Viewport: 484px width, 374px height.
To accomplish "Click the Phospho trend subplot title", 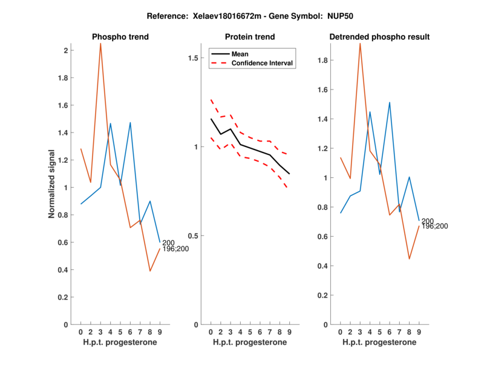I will [120, 37].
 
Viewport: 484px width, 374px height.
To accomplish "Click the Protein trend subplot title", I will [250, 37].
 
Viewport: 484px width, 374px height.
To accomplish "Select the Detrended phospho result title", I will [379, 37].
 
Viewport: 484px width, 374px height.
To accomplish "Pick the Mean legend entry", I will [240, 54].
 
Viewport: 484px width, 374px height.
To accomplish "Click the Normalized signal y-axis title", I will [53, 184].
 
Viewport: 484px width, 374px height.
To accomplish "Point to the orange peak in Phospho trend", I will [100, 44].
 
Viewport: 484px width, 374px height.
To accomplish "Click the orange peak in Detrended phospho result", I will [360, 44].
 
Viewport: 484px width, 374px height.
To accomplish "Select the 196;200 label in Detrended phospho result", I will [434, 226].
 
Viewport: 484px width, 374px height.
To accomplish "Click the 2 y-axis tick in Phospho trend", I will [65, 50].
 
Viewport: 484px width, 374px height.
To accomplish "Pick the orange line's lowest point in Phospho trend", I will [150, 271].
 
